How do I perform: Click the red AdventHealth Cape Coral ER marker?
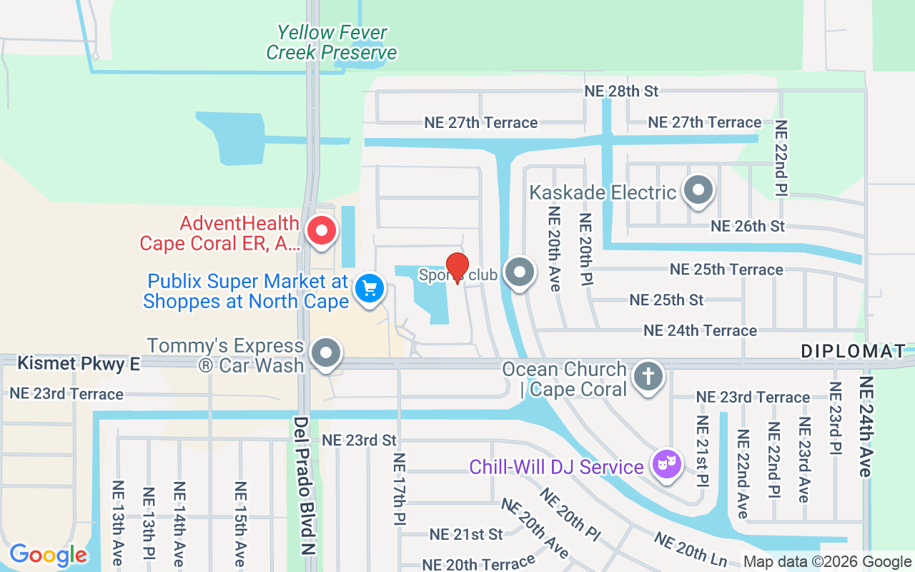(321, 231)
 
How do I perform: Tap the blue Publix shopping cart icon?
(370, 289)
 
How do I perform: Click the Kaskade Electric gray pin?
(698, 190)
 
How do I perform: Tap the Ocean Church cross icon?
(648, 376)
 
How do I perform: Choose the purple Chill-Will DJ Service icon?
(667, 464)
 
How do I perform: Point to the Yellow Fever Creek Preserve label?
(332, 43)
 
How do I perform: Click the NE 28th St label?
(621, 91)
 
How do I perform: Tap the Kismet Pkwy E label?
(79, 363)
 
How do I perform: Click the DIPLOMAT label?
(853, 351)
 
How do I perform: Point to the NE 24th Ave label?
(866, 426)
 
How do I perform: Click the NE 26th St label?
(747, 226)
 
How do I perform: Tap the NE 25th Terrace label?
(726, 270)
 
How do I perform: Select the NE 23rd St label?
(359, 440)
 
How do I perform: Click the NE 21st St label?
(466, 534)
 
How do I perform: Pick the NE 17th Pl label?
(399, 490)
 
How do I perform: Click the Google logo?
(48, 554)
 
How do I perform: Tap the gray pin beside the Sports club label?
(520, 273)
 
